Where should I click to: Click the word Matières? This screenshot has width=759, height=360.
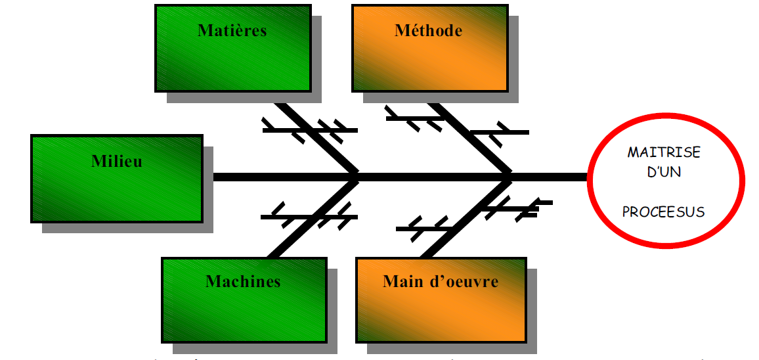(232, 30)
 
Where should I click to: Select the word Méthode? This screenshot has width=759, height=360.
(428, 30)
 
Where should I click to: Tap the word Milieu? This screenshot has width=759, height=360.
(117, 161)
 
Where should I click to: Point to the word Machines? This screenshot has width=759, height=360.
(243, 282)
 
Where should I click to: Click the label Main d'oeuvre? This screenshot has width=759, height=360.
(441, 282)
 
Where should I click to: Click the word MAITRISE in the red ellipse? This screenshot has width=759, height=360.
(664, 152)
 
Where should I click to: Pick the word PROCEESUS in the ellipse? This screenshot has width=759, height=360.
(663, 212)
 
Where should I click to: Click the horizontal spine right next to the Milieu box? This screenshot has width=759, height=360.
(236, 177)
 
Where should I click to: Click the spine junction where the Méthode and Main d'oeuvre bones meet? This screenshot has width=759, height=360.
(510, 177)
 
